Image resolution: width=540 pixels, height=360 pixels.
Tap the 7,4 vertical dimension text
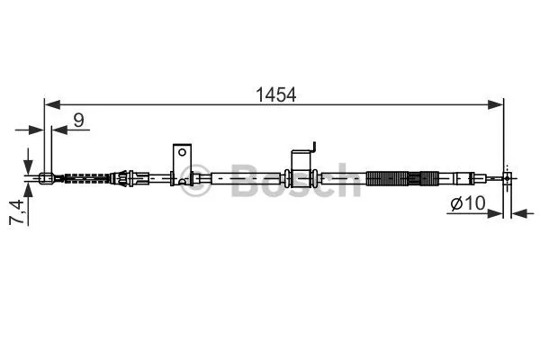tap(16, 211)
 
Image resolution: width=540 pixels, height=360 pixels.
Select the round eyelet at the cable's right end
tap(508, 178)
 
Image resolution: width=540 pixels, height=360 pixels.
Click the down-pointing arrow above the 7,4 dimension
tap(29, 159)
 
